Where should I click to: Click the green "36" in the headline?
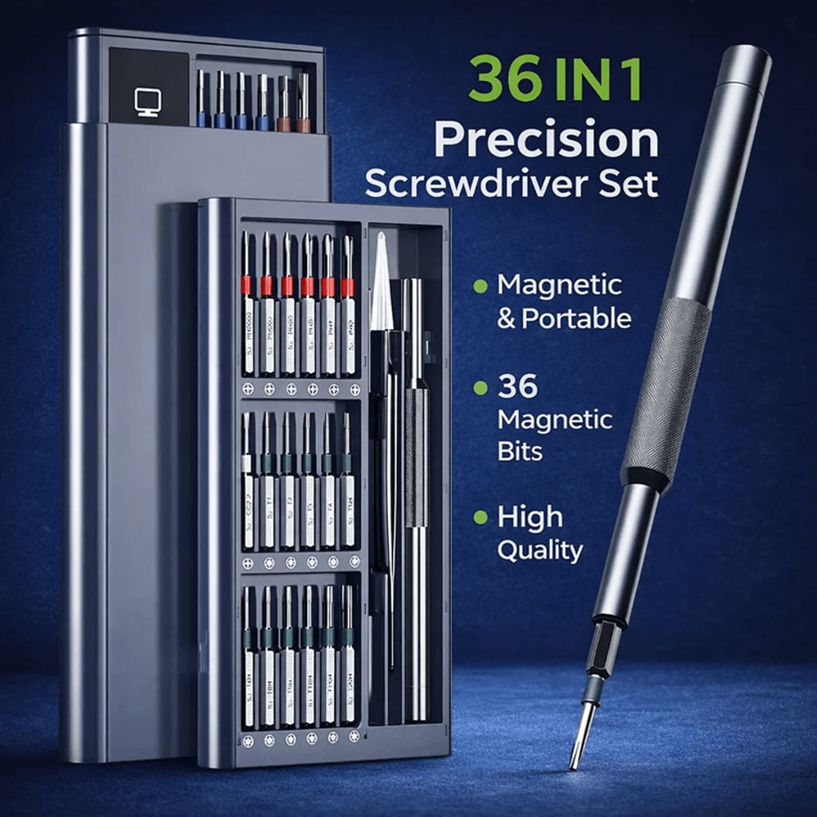[504, 78]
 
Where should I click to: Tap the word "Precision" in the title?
[546, 140]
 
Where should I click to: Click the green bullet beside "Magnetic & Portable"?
[480, 286]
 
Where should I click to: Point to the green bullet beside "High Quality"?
[480, 517]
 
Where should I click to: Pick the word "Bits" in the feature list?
[520, 452]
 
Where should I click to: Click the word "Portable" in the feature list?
[576, 318]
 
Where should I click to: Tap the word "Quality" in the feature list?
[540, 551]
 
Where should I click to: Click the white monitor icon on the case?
[147, 102]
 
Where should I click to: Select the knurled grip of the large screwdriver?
[666, 392]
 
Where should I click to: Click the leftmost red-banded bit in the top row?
[245, 286]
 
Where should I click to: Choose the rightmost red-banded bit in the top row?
[347, 286]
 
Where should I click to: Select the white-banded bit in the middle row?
[247, 463]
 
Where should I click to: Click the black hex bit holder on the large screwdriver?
[600, 654]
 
